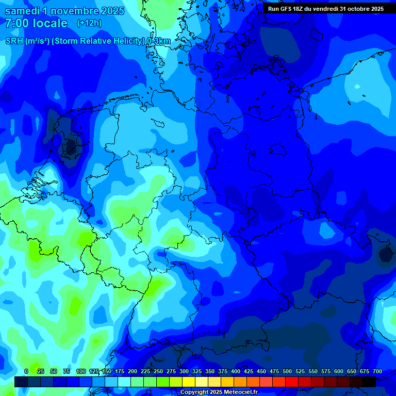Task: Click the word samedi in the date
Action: coord(22,11)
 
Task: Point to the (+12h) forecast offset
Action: coord(89,23)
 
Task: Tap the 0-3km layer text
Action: coord(159,41)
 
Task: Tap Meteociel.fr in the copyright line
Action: coord(240,392)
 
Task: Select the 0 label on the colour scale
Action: coord(26,371)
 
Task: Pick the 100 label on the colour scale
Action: coord(81,371)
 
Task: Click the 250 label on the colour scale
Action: coord(158,371)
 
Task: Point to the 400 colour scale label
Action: coord(236,371)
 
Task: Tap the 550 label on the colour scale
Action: coord(313,371)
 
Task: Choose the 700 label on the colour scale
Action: coord(377,371)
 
